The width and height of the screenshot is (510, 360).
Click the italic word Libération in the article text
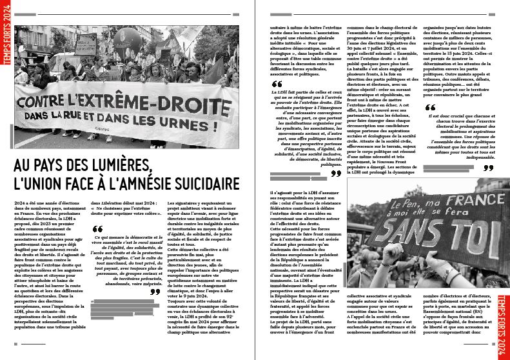pyautogui.click(x=113, y=203)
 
